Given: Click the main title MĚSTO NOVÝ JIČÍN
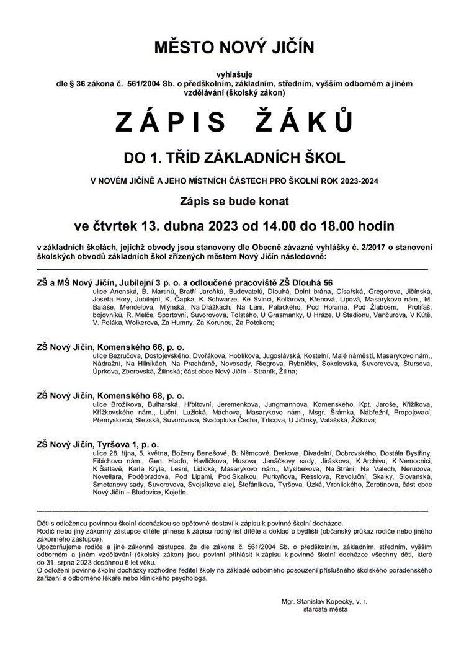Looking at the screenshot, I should pyautogui.click(x=234, y=48).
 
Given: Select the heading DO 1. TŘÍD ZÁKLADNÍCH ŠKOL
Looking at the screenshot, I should pyautogui.click(x=234, y=158).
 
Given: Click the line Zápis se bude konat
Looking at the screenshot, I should pyautogui.click(x=234, y=202).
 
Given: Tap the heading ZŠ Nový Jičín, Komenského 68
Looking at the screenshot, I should pyautogui.click(x=110, y=395).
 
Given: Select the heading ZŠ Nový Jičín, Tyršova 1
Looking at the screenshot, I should pyautogui.click(x=98, y=444).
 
